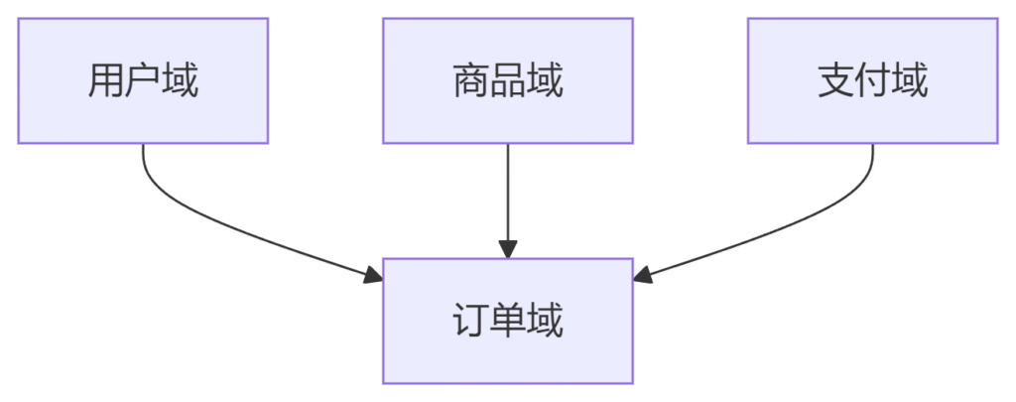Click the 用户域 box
(x=143, y=80)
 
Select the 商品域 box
(x=507, y=80)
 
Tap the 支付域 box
(x=872, y=80)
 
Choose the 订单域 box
(x=507, y=321)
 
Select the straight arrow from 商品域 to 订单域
(x=507, y=201)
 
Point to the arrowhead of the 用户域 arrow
(x=373, y=275)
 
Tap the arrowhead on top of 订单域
(x=507, y=249)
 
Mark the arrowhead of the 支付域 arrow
(x=642, y=275)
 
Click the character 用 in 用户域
(x=105, y=81)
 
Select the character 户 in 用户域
(x=143, y=81)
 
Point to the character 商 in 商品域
(x=470, y=81)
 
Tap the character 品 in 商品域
(x=507, y=81)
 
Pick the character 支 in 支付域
(x=835, y=81)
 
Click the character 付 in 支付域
(x=872, y=81)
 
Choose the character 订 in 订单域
(x=470, y=322)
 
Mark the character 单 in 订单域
(x=507, y=322)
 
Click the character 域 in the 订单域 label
(x=545, y=322)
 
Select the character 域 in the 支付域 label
(x=910, y=81)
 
